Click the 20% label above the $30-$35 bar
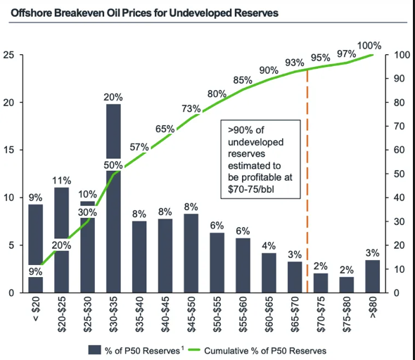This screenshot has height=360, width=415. pos(114,96)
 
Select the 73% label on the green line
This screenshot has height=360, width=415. pos(191,108)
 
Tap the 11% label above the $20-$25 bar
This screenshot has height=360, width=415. pos(62,180)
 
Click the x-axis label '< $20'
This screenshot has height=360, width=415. pos(37,311)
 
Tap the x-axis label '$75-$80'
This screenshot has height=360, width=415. pos(347,314)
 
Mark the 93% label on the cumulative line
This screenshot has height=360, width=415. pos(295,63)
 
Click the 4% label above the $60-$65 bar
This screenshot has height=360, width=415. pos(269,245)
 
